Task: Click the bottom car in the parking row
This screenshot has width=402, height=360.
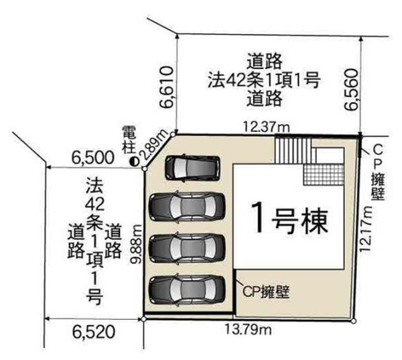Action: [185, 290]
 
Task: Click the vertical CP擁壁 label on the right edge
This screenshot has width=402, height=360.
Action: [377, 171]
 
